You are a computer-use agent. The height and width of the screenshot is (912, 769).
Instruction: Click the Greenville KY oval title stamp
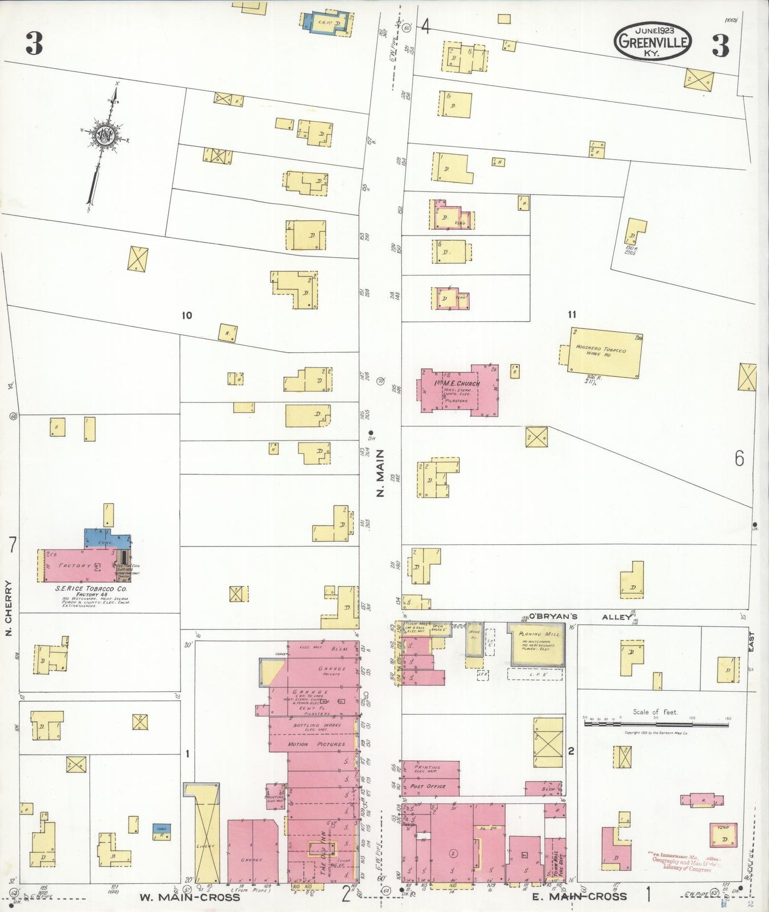click(652, 41)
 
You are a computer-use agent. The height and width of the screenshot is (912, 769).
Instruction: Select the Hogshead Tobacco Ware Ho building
click(606, 353)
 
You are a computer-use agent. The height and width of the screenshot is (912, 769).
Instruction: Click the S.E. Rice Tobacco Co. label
click(91, 589)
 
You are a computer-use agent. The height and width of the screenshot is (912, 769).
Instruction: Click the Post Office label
click(428, 786)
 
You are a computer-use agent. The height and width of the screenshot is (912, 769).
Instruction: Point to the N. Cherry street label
click(9, 601)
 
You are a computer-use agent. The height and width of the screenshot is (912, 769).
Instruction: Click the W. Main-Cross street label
click(189, 897)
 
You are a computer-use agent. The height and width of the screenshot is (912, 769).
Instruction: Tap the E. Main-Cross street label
click(579, 896)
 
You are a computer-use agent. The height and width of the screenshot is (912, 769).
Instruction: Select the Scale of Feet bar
click(656, 724)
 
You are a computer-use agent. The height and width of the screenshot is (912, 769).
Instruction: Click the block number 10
click(186, 316)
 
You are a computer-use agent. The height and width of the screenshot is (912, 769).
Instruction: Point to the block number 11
click(572, 315)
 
